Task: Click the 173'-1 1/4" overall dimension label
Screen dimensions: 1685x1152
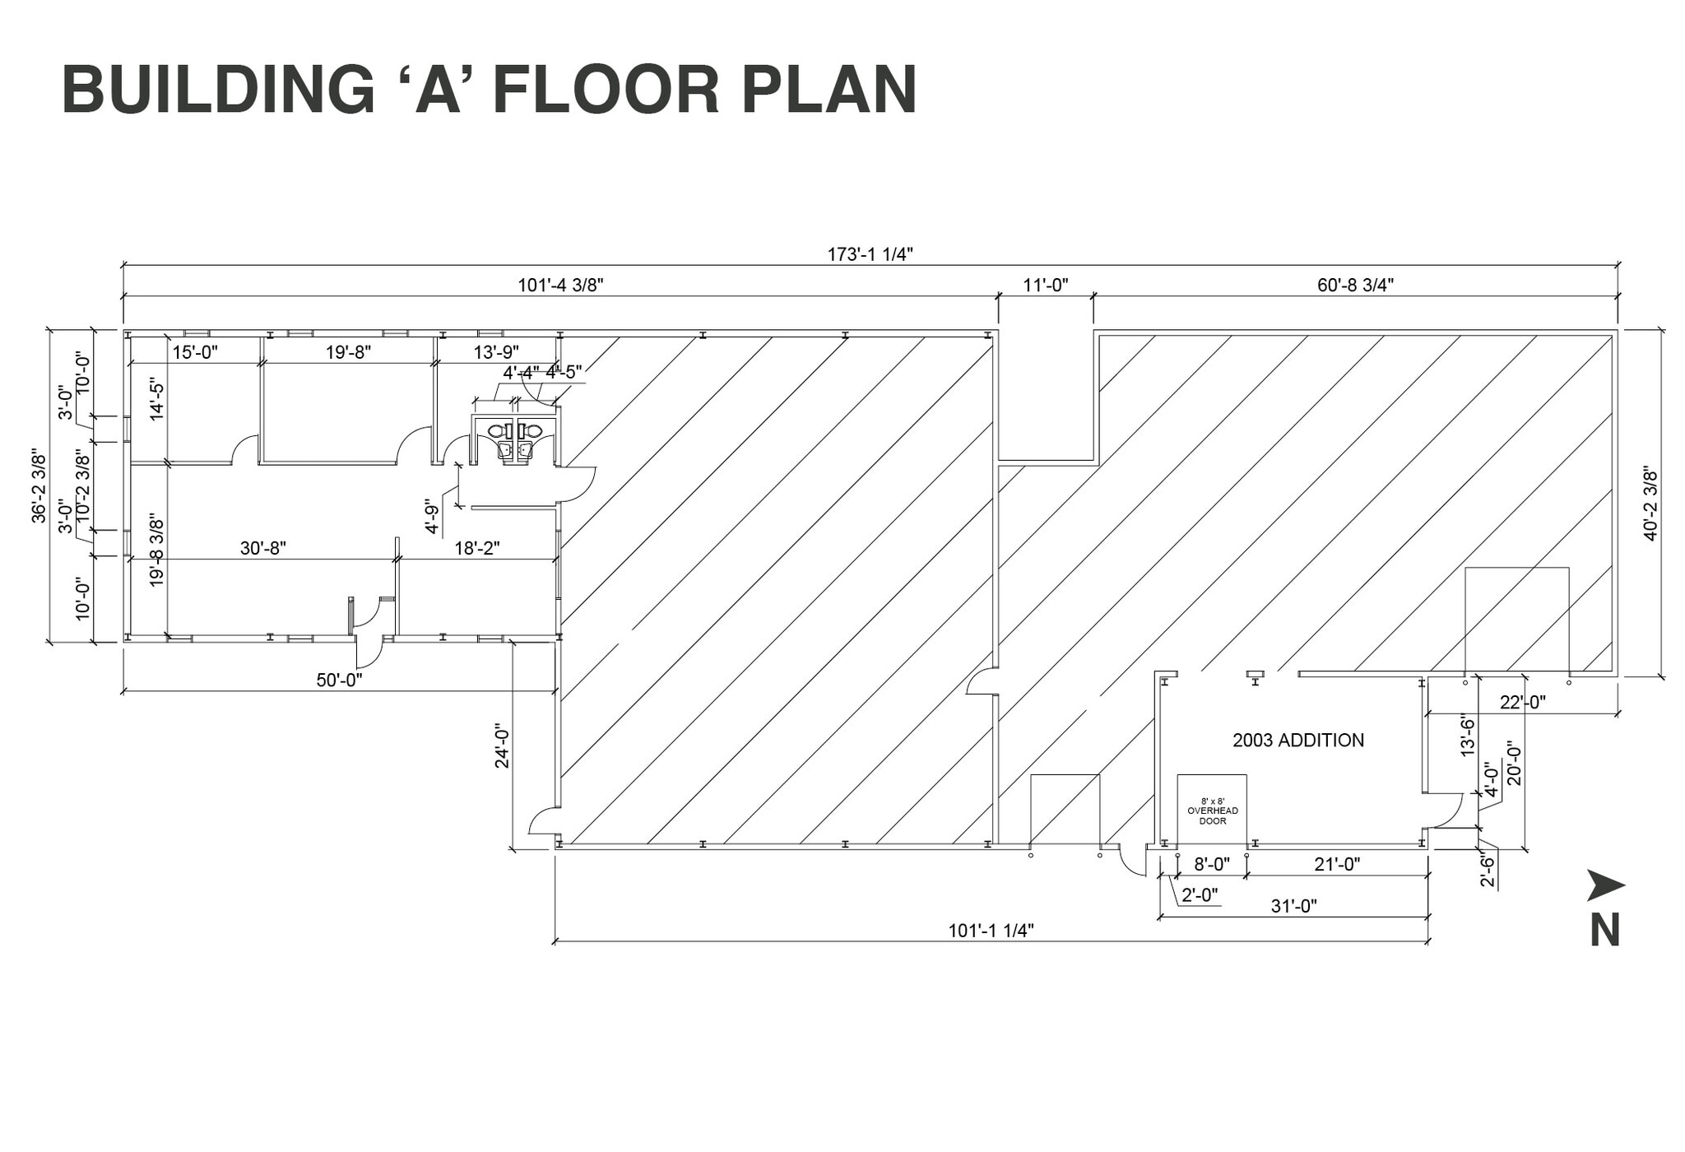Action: [870, 254]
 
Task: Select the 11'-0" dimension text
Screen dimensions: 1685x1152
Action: [1045, 286]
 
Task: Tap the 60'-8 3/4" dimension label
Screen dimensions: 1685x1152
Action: [1355, 286]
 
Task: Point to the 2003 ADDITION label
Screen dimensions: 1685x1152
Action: [1298, 741]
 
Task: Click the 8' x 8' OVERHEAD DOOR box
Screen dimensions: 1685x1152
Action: [1212, 811]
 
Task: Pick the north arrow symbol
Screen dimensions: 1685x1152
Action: [1605, 885]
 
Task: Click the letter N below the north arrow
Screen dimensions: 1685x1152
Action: [1605, 931]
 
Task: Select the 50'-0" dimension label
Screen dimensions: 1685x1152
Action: [339, 681]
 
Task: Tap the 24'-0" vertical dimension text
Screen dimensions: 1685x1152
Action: [503, 746]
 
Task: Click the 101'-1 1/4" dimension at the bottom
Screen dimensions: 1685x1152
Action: [991, 931]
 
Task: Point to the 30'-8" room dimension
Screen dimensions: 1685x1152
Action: [263, 548]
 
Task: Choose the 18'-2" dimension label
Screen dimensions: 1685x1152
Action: [477, 548]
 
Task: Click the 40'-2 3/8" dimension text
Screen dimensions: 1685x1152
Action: [1650, 504]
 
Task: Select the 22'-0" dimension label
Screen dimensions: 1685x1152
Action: [1522, 702]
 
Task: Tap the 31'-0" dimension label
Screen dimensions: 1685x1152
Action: [1294, 906]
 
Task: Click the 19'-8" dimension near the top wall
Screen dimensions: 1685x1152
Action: [348, 352]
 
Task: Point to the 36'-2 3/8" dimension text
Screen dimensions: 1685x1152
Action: [39, 485]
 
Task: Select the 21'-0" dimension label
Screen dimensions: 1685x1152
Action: [1337, 864]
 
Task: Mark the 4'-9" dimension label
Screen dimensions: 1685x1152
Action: [433, 517]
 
